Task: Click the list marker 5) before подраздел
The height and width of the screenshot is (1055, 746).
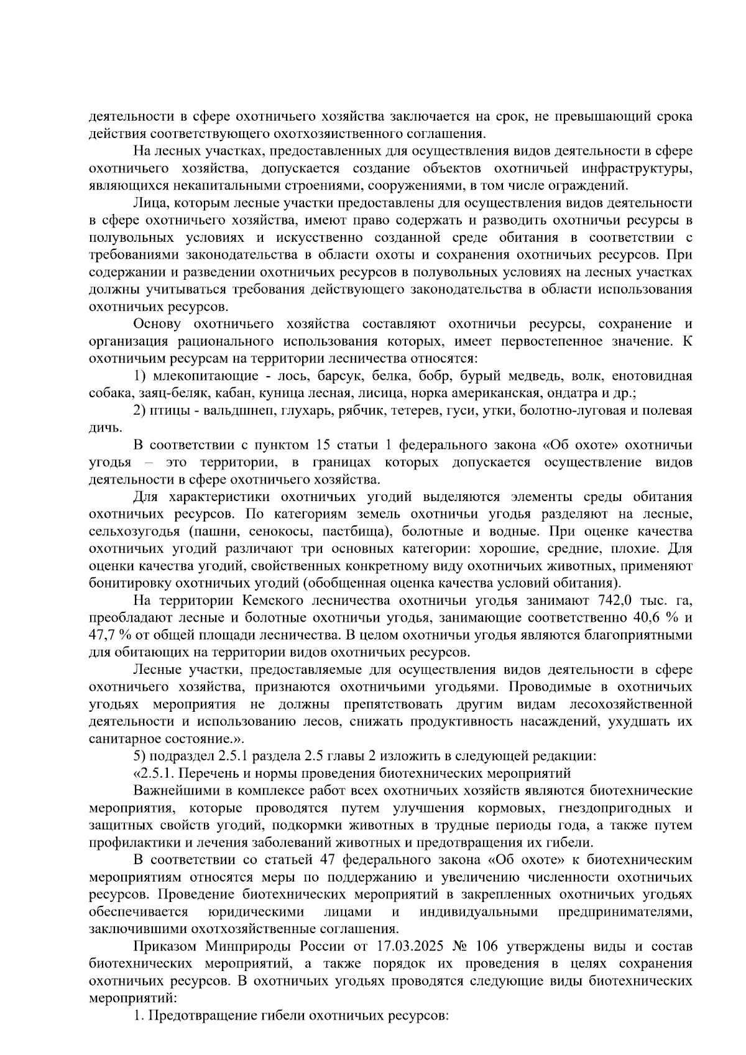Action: coord(140,756)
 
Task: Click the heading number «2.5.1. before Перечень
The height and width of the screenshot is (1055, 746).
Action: coord(152,773)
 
